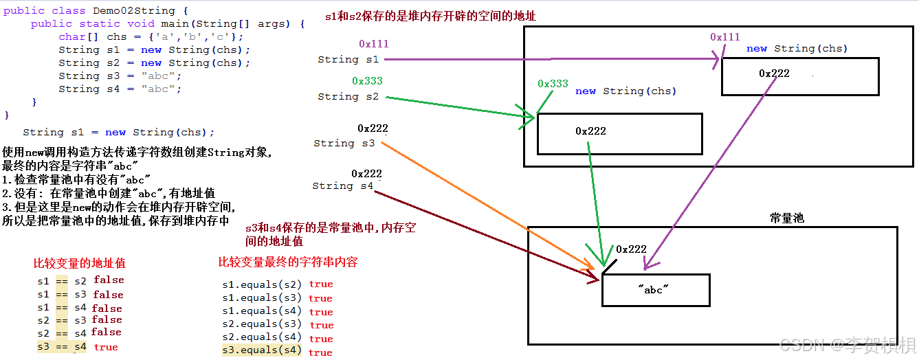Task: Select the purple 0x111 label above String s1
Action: tap(373, 44)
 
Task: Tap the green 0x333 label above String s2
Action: tap(367, 81)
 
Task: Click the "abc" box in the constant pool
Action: tap(655, 290)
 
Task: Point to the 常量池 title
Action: tap(786, 218)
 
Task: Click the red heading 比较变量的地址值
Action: tap(80, 263)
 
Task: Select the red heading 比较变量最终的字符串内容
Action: tap(288, 262)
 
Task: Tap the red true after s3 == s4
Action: tap(106, 347)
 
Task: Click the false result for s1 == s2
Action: tap(109, 280)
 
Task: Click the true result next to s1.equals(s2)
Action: tap(320, 284)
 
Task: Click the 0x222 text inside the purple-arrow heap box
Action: tap(774, 74)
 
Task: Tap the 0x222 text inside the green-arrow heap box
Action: tap(590, 131)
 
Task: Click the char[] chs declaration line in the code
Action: tap(151, 36)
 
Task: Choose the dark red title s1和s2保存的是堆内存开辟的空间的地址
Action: tap(430, 16)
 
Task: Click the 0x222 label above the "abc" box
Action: tap(631, 249)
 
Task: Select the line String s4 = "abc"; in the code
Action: tap(120, 89)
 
